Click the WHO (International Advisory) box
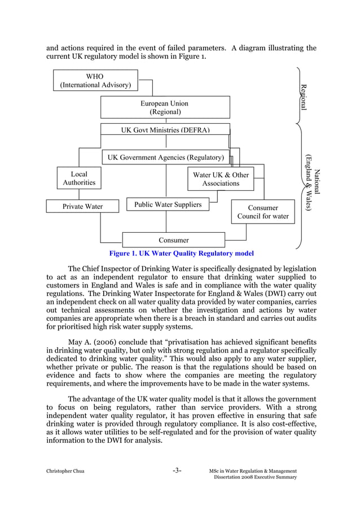pyautogui.click(x=95, y=80)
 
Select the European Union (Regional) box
pyautogui.click(x=165, y=107)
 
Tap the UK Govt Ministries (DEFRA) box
pyautogui.click(x=165, y=129)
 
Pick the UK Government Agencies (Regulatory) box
pyautogui.click(x=165, y=157)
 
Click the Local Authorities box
pyautogui.click(x=78, y=178)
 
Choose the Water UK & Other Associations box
pyautogui.click(x=220, y=179)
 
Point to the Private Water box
pyautogui.click(x=82, y=206)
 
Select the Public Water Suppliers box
pyautogui.click(x=168, y=204)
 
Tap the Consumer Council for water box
pyautogui.click(x=262, y=212)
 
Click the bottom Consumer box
pyautogui.click(x=173, y=240)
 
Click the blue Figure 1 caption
pyautogui.click(x=181, y=254)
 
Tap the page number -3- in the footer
pyautogui.click(x=177, y=470)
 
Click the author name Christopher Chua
pyautogui.click(x=65, y=472)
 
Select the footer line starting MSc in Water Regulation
pyautogui.click(x=252, y=471)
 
